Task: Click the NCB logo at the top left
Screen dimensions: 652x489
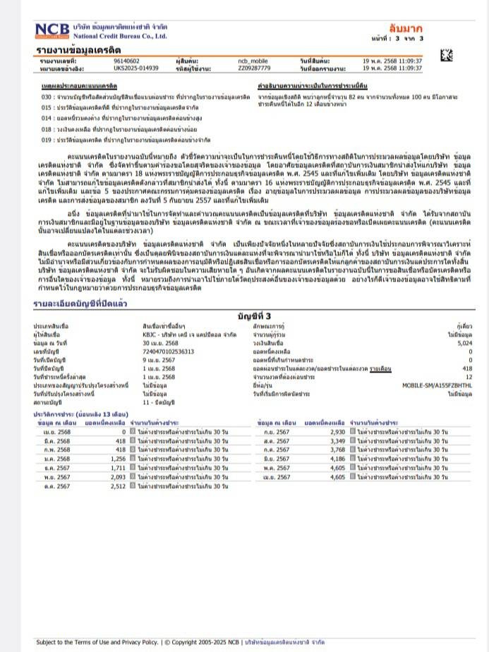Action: point(53,30)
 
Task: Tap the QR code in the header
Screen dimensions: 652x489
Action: point(446,56)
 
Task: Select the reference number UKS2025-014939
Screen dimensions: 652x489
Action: point(135,68)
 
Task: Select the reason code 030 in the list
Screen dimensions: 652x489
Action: point(47,95)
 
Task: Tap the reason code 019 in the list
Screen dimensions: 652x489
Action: point(47,140)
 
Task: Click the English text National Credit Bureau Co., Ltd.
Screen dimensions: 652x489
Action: point(120,36)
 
